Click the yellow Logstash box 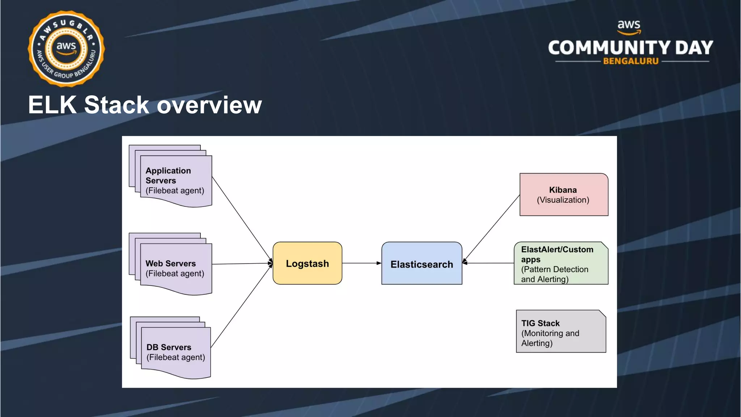[x=307, y=263]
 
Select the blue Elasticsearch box [x=422, y=264]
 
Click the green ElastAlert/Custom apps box [x=560, y=264]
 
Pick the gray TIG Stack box [x=560, y=332]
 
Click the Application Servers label [x=168, y=176]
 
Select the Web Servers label [x=170, y=264]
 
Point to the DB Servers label [x=169, y=347]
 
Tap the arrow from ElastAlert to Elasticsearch [x=488, y=263]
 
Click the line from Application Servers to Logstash [x=242, y=219]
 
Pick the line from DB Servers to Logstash [x=241, y=307]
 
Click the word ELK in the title [x=52, y=105]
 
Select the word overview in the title [x=209, y=105]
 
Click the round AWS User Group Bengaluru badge [x=66, y=49]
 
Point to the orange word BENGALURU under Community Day [x=631, y=61]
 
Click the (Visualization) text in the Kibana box [x=563, y=200]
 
